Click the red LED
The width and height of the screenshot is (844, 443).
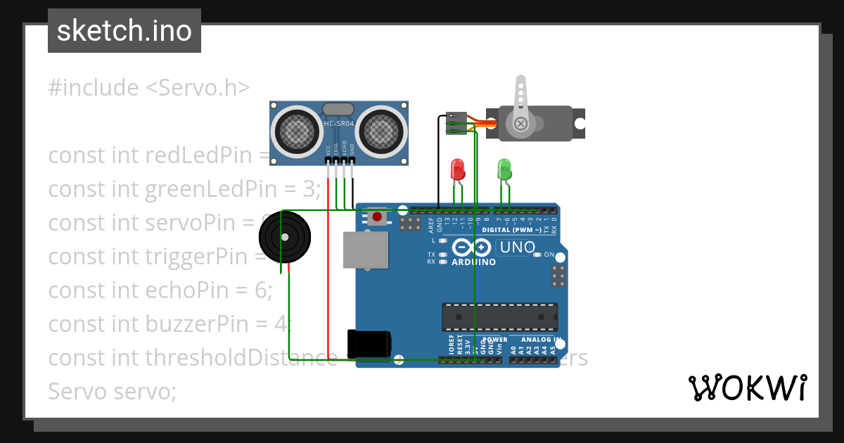(457, 169)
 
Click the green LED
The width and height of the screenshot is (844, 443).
(504, 169)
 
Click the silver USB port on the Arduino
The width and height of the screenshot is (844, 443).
(365, 250)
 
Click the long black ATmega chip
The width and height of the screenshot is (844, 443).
(499, 317)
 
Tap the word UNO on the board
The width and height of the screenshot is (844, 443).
(517, 248)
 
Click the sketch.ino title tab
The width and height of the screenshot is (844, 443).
(124, 31)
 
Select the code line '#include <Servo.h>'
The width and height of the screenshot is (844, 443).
(148, 88)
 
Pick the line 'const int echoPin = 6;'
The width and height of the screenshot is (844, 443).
(160, 290)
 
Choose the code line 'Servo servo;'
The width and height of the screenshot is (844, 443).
(112, 391)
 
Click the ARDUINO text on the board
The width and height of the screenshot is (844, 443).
(473, 262)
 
